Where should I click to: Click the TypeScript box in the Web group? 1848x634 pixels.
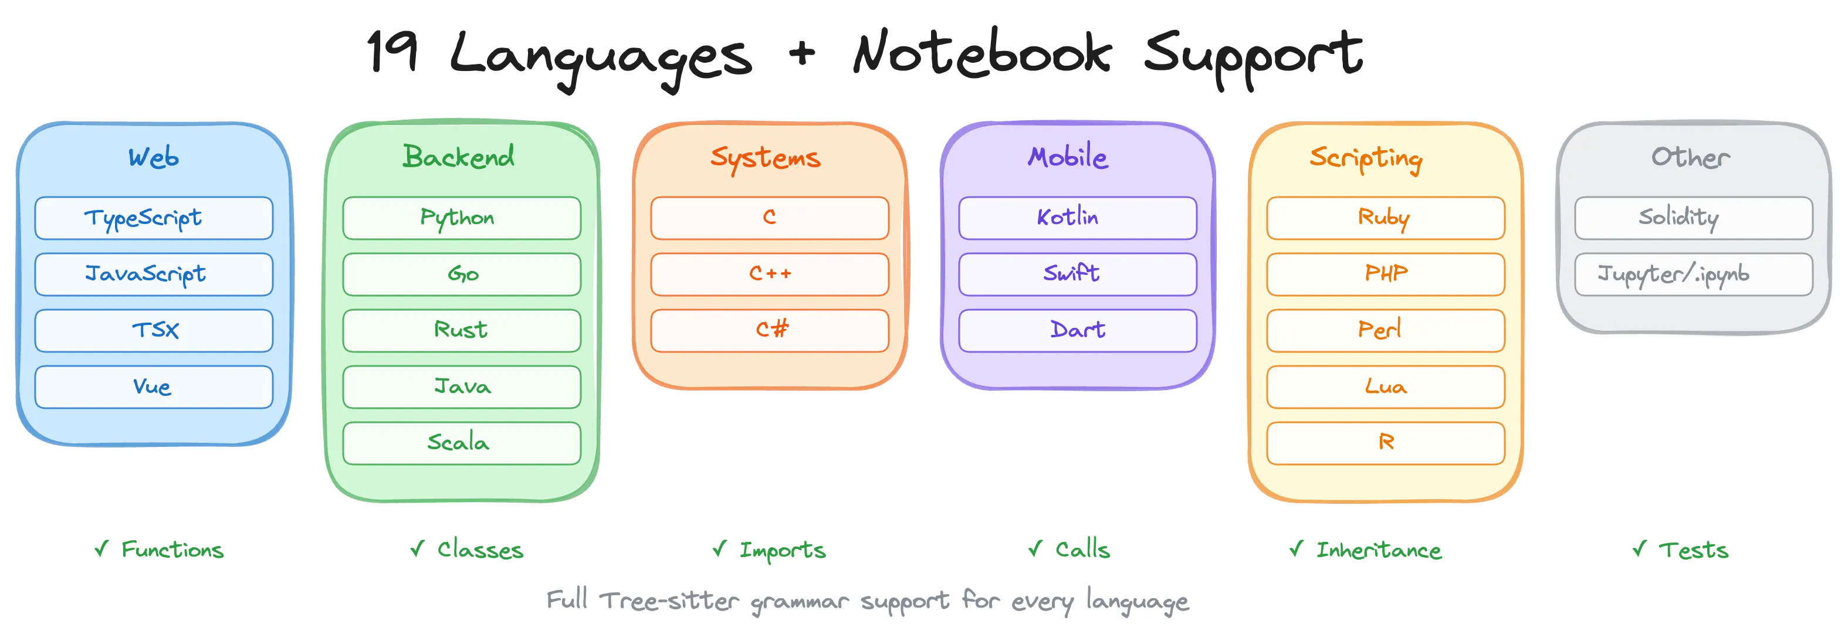154,218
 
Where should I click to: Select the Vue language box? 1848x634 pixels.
154,387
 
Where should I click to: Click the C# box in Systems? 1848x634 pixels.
770,331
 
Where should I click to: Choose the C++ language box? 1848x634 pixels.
770,274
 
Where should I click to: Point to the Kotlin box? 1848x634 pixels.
1078,218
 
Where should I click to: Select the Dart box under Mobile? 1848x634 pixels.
1078,331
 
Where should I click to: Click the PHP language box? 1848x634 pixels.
1385,274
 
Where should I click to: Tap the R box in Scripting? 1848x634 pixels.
1385,443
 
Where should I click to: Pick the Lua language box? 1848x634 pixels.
1385,387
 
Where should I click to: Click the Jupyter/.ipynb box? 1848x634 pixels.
1694,274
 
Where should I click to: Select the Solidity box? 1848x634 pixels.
1694,218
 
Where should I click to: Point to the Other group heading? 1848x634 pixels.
1691,157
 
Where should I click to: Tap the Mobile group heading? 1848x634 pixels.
1068,157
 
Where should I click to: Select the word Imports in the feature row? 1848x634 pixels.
783,550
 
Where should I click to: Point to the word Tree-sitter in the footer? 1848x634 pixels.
669,599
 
